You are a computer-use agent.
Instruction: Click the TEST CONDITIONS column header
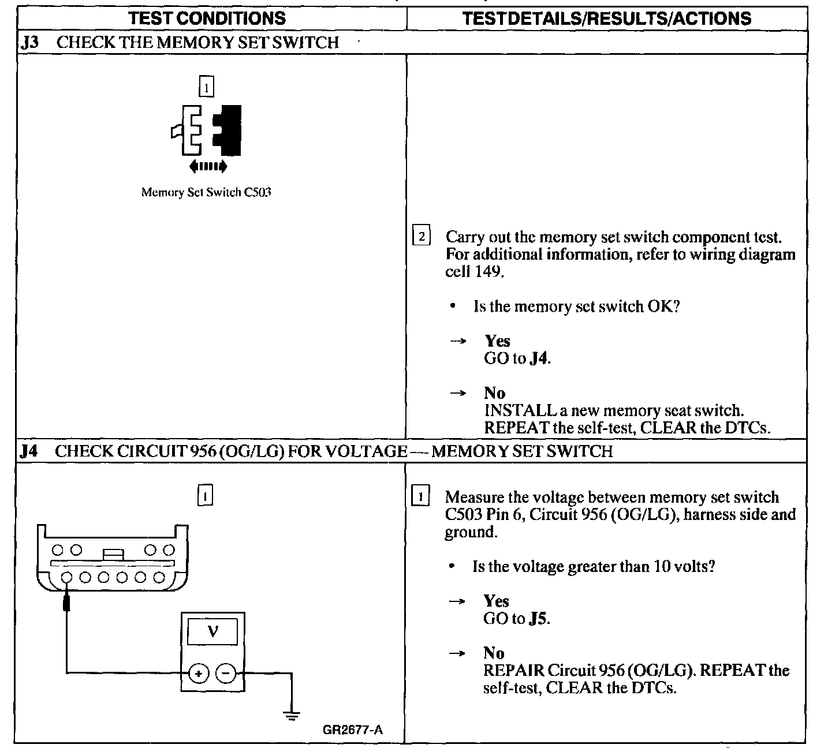coord(207,18)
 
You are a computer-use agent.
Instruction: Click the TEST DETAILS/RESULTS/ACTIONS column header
coord(607,18)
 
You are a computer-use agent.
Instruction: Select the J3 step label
coord(29,42)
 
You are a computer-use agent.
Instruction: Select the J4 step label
coord(29,451)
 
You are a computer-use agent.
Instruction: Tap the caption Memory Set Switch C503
coord(206,192)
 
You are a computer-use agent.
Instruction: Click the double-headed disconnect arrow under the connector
coord(208,167)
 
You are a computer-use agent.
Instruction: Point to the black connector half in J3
coord(229,130)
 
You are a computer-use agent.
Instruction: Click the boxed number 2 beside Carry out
coord(422,236)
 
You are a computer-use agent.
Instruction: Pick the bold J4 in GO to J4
coord(538,358)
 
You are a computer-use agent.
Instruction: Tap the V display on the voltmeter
coord(212,631)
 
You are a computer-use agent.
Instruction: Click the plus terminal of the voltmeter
coord(199,672)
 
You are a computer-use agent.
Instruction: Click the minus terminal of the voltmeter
coord(226,672)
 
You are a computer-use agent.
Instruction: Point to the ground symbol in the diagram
coord(292,716)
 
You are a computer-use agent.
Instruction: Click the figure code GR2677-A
coord(352,730)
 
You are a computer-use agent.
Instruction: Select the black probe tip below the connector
coord(67,603)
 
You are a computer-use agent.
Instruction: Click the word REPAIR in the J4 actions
coord(513,671)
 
